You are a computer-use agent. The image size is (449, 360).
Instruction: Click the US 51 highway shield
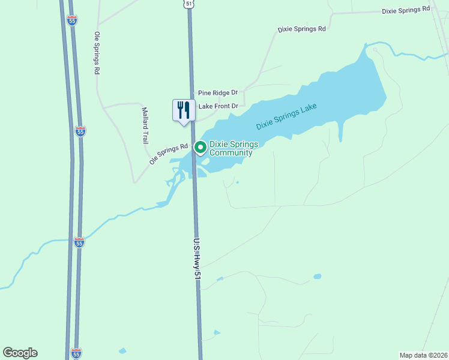pyautogui.click(x=189, y=4)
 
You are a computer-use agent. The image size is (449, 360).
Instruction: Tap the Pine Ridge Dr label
pyautogui.click(x=218, y=93)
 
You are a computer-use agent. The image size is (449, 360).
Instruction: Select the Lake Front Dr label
pyautogui.click(x=218, y=106)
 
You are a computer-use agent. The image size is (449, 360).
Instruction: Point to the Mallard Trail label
pyautogui.click(x=145, y=125)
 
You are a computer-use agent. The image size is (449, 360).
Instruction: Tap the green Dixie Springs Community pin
pyautogui.click(x=200, y=146)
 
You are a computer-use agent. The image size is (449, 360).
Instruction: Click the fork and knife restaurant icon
pyautogui.click(x=182, y=110)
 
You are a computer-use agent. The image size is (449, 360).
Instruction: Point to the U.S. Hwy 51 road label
pyautogui.click(x=196, y=259)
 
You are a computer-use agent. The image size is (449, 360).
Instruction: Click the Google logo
pyautogui.click(x=20, y=353)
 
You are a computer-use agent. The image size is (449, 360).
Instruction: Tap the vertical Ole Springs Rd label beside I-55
pyautogui.click(x=96, y=53)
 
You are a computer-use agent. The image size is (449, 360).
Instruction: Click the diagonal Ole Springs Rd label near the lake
pyautogui.click(x=169, y=154)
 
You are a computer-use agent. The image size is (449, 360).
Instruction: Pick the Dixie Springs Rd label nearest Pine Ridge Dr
pyautogui.click(x=301, y=29)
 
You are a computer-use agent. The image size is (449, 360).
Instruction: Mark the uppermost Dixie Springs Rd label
pyautogui.click(x=406, y=10)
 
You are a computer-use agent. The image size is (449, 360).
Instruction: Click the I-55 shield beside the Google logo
pyautogui.click(x=76, y=353)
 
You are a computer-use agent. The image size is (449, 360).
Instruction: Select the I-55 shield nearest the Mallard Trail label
pyautogui.click(x=80, y=131)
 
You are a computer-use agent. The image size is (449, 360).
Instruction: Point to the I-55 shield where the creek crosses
pyautogui.click(x=79, y=242)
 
